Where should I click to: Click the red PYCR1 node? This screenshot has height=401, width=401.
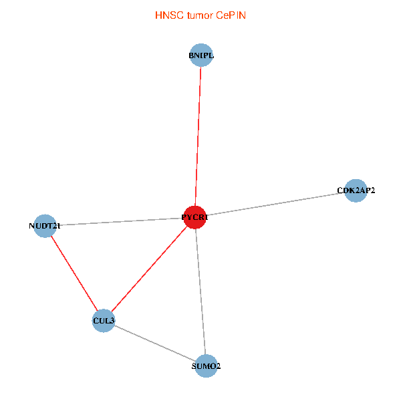[x=195, y=217]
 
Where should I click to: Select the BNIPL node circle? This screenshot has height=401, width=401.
[x=201, y=55]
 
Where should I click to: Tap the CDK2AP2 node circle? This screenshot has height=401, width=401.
[x=356, y=190]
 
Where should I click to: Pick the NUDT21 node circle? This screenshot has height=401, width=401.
[x=45, y=226]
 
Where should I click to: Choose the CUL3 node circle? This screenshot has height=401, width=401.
[x=104, y=320]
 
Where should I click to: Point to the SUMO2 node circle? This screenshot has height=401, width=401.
[x=206, y=366]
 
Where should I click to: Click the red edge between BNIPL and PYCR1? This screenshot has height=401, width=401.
[x=198, y=136]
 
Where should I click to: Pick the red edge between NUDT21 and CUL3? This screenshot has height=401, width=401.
[x=74, y=273]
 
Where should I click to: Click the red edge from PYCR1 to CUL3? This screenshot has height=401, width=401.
[x=149, y=269]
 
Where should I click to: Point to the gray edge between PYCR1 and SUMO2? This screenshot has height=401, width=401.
[x=200, y=291]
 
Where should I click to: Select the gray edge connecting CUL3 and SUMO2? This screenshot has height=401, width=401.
[x=155, y=344]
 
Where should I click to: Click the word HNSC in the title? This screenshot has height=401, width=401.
[x=169, y=15]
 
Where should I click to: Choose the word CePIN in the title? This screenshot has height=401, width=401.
[x=231, y=15]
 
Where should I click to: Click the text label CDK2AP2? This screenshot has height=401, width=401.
[x=356, y=190]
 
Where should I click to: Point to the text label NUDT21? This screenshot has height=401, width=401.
[x=45, y=226]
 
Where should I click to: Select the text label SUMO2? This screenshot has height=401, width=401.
[x=206, y=366]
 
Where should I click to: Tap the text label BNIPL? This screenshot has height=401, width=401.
[x=201, y=55]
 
